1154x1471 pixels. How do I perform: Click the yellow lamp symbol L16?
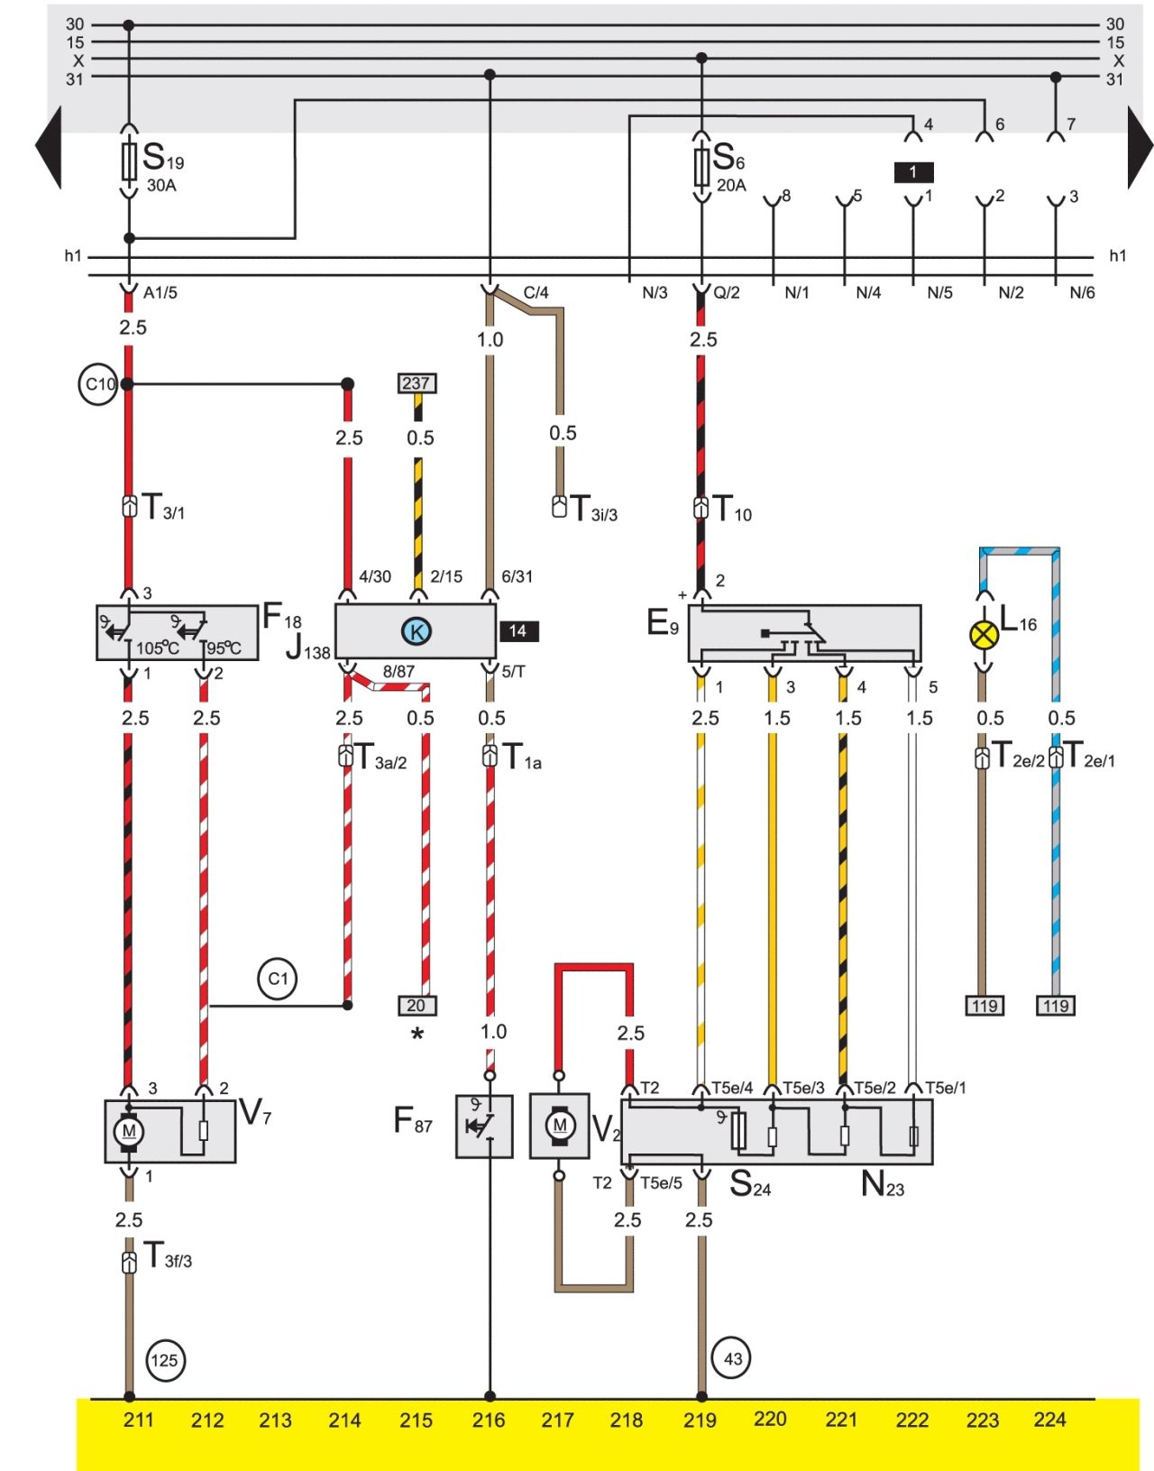pos(984,635)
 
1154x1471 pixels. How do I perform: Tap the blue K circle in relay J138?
pos(417,631)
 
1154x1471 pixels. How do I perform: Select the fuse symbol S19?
pos(129,161)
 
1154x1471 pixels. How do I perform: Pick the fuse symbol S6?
pos(701,166)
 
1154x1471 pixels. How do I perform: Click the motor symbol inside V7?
pos(128,1131)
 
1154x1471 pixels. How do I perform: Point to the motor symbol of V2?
pos(559,1126)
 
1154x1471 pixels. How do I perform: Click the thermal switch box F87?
pos(483,1126)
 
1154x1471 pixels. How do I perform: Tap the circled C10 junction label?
pos(99,384)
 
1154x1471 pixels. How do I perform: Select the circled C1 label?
pos(278,979)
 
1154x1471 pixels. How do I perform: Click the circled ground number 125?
pos(164,1360)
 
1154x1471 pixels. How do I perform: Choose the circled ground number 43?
pos(732,1358)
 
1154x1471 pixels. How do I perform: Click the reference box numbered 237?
pos(417,383)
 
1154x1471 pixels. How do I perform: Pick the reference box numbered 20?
pos(417,1006)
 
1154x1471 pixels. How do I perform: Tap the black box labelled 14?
pos(518,631)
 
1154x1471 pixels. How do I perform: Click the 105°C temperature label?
pos(158,648)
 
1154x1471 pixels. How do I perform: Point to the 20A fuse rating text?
pos(730,186)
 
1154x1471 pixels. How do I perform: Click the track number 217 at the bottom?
pos(557,1420)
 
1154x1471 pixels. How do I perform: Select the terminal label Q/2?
pos(727,292)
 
